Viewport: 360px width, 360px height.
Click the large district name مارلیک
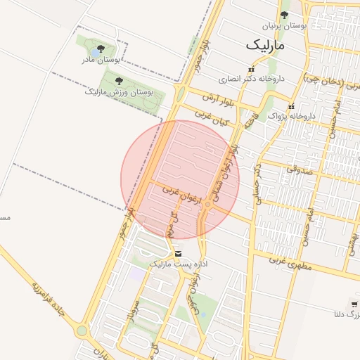[x=267, y=44]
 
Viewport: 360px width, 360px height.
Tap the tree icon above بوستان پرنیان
[x=284, y=15]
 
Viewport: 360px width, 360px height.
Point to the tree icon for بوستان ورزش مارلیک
[x=118, y=81]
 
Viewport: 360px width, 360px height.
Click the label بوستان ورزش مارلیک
[x=119, y=91]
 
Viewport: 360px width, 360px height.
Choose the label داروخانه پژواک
[x=294, y=115]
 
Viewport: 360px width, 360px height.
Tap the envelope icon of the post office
[x=176, y=253]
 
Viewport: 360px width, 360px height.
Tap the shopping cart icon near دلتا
[x=354, y=304]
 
